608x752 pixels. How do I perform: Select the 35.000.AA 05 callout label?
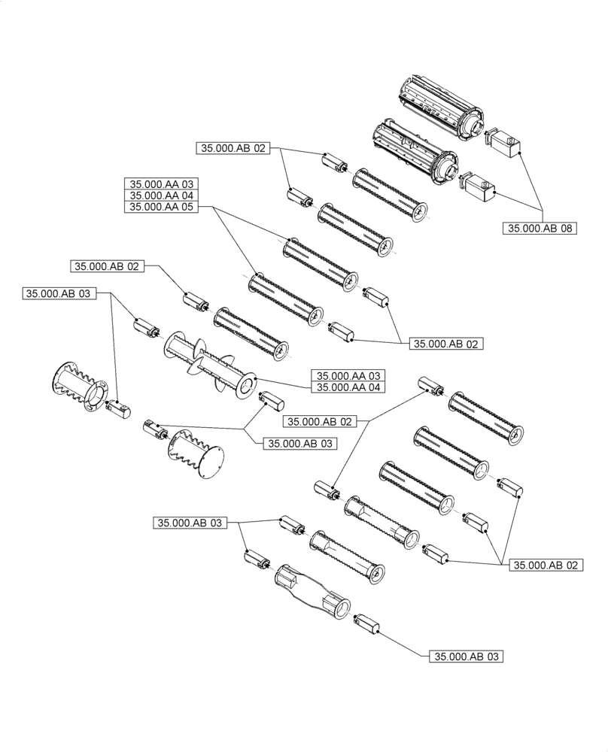tap(162, 208)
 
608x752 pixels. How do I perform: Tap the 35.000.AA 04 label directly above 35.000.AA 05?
tap(162, 196)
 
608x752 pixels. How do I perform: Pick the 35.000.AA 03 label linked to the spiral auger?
tap(348, 375)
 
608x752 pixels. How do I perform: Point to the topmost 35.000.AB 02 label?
tap(233, 149)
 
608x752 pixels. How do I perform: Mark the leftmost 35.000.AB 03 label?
tap(60, 294)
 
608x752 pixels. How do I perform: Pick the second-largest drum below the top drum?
tap(415, 151)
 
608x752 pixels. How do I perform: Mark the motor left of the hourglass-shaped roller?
tap(256, 560)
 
